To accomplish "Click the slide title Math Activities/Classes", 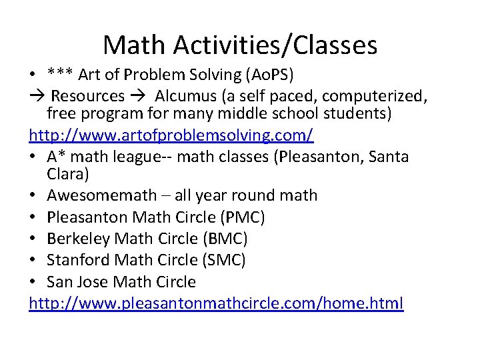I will [x=240, y=45].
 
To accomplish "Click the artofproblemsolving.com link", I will [x=171, y=136].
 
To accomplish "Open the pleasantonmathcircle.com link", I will [x=216, y=303].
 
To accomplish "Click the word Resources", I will [x=88, y=95].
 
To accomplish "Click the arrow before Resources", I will [x=37, y=95].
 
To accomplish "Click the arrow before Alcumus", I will [x=139, y=95].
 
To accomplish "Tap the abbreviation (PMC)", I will [x=243, y=217].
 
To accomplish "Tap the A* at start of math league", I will [x=56, y=157].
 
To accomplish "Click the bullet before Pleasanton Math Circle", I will [x=35, y=217].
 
